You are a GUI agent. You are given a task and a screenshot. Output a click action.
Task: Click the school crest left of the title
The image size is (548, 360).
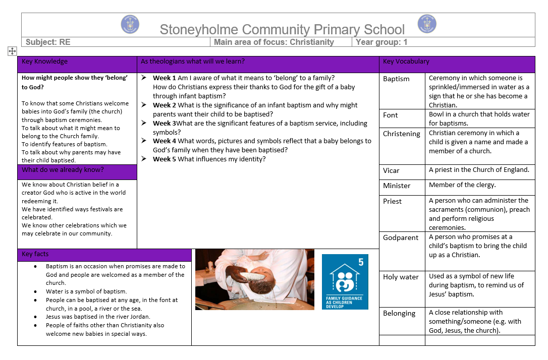[130, 24]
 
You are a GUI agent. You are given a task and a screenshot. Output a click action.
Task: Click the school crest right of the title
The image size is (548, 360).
[427, 24]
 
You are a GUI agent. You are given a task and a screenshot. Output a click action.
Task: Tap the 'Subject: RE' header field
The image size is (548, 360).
[48, 42]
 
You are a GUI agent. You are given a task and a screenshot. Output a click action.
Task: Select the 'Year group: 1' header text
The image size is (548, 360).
[381, 42]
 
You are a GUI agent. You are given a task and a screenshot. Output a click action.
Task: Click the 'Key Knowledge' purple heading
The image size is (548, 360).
[44, 62]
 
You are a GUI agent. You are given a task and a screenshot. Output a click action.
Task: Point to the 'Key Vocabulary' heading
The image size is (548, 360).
[406, 62]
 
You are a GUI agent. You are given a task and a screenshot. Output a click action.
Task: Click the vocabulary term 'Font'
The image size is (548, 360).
[390, 115]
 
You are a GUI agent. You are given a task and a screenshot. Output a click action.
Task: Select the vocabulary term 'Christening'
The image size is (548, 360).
[401, 134]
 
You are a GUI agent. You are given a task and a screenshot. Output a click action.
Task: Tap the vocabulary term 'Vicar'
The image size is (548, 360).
[391, 170]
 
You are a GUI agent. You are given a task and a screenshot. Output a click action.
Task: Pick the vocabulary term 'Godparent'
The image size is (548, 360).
[401, 237]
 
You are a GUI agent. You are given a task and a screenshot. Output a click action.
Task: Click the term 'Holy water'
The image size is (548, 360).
[401, 277]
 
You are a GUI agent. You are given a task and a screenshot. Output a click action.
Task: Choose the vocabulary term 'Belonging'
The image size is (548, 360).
[399, 313]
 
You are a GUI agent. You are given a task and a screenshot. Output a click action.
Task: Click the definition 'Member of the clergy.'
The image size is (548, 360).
[462, 185]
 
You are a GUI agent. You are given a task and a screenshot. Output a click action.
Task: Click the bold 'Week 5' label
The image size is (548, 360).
[165, 159]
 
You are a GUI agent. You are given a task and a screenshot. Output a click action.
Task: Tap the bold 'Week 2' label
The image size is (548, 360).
[165, 105]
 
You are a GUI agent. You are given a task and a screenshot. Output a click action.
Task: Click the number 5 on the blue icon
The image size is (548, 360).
[361, 262]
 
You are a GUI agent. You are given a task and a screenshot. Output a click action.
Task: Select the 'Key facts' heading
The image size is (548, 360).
[35, 254]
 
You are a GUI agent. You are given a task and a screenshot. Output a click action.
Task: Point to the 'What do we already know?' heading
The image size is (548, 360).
[63, 170]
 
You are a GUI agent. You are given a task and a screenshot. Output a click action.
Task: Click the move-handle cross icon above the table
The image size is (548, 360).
[12, 50]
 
